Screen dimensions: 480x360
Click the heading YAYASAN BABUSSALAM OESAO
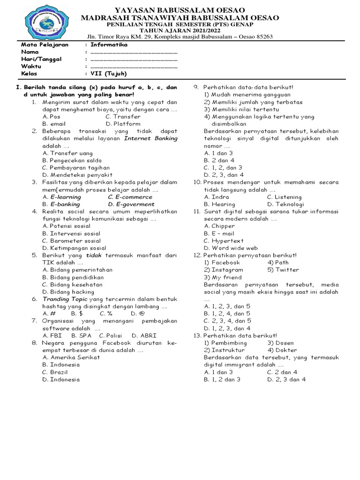coord(180,10)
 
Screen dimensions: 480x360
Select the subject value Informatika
coord(109,45)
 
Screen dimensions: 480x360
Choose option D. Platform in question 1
coord(123,124)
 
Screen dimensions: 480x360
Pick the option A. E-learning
coord(61,197)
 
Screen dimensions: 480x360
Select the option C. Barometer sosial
coord(71,240)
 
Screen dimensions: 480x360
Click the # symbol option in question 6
coord(49,314)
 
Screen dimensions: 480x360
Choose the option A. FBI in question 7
coord(52,336)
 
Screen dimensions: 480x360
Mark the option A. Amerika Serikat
coord(71,357)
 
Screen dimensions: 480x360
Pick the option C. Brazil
coord(55,372)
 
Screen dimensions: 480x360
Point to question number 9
coord(197,87)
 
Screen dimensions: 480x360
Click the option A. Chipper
coord(219,226)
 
